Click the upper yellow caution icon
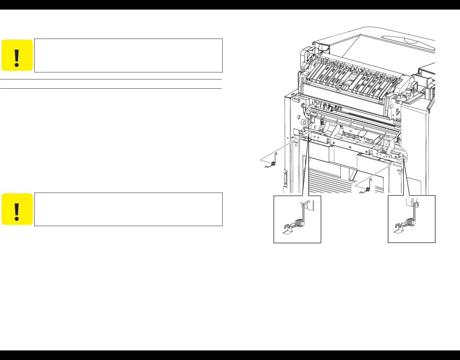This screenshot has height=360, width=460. (x=17, y=55)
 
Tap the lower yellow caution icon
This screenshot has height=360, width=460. (x=17, y=209)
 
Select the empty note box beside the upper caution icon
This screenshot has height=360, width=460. (x=128, y=55)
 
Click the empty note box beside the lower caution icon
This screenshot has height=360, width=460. (x=128, y=209)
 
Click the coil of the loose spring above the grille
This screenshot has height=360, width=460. (x=368, y=189)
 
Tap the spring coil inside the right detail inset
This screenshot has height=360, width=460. (x=412, y=223)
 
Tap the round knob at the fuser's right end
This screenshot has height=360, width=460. (x=408, y=91)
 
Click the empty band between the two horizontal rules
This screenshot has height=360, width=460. (x=111, y=84)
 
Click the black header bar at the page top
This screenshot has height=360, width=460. (x=230, y=4)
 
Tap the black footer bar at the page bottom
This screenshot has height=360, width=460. (x=230, y=355)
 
